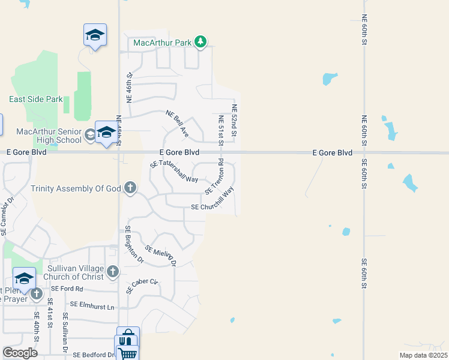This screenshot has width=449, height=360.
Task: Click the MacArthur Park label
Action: click(x=161, y=43)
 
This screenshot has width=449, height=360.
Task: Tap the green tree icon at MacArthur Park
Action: click(x=200, y=42)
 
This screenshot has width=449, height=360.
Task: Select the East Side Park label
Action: click(x=36, y=99)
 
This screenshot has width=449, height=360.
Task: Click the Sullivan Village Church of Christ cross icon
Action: click(x=112, y=272)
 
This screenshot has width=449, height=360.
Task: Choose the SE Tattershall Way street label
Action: click(x=174, y=171)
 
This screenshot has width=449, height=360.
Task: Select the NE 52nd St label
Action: click(x=235, y=121)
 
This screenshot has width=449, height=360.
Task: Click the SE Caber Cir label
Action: click(x=142, y=286)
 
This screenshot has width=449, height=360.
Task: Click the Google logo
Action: click(x=20, y=353)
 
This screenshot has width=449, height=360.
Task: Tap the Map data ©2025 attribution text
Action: click(x=423, y=355)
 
